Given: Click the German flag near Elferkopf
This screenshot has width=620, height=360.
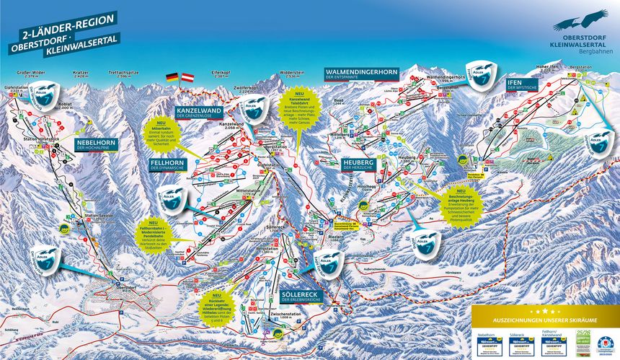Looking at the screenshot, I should coord(172,76).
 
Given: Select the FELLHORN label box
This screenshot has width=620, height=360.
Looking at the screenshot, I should coord(169,165).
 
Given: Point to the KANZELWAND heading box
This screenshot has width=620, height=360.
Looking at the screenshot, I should coord(198,113).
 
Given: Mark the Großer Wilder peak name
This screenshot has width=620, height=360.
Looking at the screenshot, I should coord(28,74).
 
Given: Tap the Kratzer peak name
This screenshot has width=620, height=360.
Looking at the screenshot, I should coord(79,74).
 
